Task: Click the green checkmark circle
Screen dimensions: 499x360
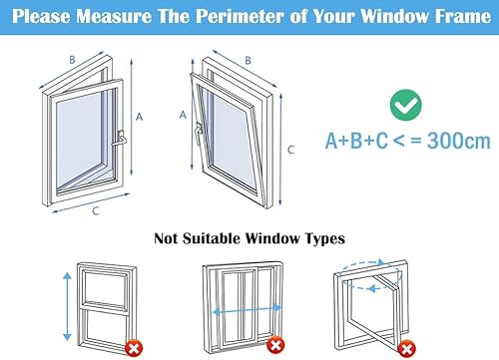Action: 405,105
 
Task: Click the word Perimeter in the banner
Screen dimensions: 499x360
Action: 241,16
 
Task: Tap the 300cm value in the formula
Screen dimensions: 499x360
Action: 459,141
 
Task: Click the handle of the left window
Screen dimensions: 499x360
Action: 121,138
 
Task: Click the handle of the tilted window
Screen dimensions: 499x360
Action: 200,133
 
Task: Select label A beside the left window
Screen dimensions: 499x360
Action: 139,117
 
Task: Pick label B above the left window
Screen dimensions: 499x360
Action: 72,60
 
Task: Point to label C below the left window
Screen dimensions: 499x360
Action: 96,210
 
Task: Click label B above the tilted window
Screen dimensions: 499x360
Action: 248,61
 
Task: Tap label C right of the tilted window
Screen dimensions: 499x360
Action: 291,150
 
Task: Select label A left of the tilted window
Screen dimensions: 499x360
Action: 183,115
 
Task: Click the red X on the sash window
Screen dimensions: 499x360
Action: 134,348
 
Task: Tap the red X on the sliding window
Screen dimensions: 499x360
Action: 275,345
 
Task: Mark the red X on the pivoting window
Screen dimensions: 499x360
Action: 407,349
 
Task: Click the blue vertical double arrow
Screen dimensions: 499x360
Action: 68,306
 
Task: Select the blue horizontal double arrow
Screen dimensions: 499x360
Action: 248,311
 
